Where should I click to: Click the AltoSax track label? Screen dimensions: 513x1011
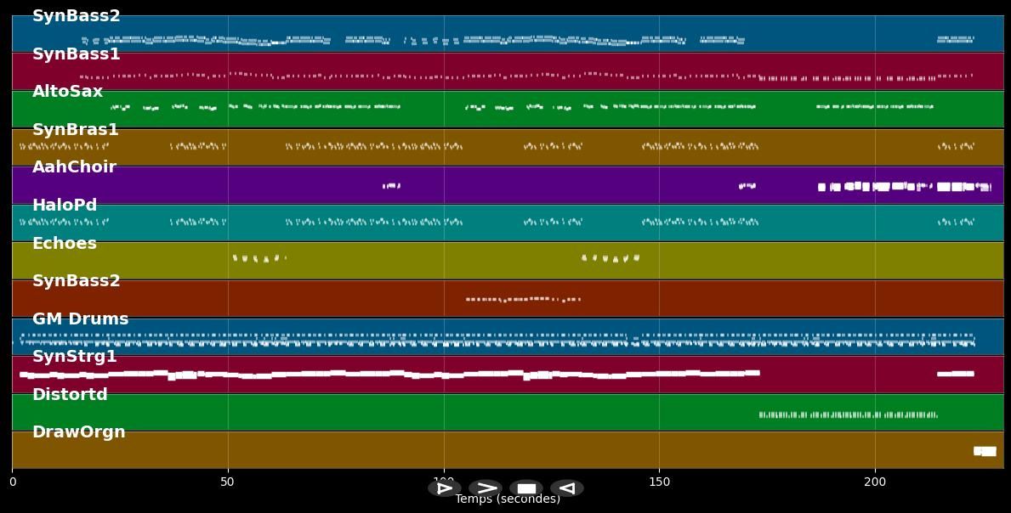coord(67,92)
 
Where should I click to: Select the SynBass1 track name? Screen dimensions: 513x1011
coord(76,54)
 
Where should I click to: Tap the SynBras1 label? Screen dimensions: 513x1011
coord(75,130)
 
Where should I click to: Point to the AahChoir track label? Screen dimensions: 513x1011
coord(74,167)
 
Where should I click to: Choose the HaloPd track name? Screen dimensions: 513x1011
coord(65,206)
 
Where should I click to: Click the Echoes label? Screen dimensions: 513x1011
coord(65,244)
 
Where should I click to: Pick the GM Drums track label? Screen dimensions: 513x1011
coord(80,319)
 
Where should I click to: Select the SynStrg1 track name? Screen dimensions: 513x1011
coord(74,357)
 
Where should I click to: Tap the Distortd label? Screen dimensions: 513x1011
coord(70,395)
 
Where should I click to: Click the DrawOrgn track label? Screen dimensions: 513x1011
coord(78,432)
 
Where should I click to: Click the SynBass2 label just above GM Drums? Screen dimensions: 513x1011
coord(76,281)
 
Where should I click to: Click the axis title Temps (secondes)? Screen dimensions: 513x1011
coord(508,499)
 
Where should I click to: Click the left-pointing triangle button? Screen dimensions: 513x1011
coord(567,488)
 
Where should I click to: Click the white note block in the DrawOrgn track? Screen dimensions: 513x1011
coord(985,451)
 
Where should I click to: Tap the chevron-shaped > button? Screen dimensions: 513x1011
coord(486,488)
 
